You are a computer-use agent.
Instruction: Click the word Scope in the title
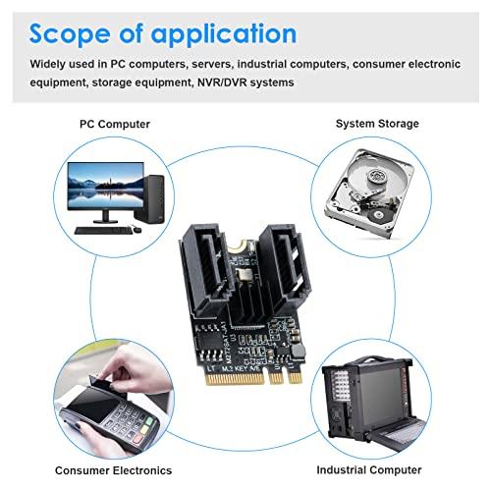(x=70, y=33)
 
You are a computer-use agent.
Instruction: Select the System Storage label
(x=376, y=124)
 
